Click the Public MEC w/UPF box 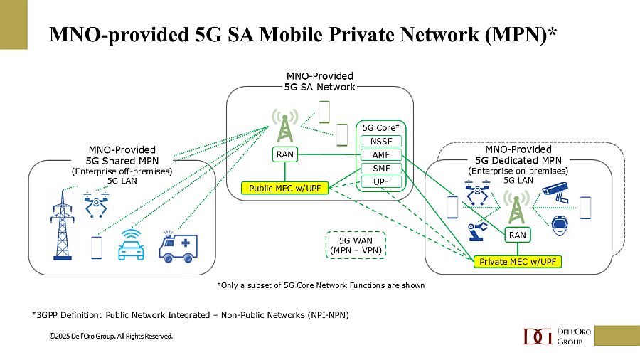[x=284, y=188]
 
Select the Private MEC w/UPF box [x=517, y=262]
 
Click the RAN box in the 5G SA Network [x=285, y=154]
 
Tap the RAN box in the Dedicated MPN [x=517, y=235]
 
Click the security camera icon [x=555, y=190]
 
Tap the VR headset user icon [x=561, y=225]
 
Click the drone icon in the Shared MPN [x=96, y=202]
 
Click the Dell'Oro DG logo [x=538, y=337]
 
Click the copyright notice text [x=110, y=336]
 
